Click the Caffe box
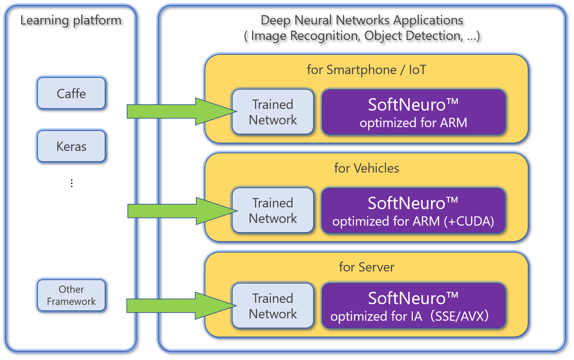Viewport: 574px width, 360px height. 71,93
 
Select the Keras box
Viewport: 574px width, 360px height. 71,146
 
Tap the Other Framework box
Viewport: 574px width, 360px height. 71,295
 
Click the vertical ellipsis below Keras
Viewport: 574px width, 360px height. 72,183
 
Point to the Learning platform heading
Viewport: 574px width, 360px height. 71,21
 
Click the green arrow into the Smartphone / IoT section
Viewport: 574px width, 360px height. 182,112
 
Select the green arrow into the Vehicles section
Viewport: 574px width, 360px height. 183,211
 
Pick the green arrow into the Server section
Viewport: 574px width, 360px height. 182,306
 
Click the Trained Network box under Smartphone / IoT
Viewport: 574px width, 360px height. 273,112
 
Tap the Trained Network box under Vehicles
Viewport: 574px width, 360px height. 273,210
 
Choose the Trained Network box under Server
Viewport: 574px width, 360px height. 273,306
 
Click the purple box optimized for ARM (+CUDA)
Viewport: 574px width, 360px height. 413,210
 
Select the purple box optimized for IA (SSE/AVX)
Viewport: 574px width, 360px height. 413,306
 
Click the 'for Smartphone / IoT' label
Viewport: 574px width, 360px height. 367,70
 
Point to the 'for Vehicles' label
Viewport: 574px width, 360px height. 367,168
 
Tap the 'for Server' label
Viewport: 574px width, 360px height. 367,267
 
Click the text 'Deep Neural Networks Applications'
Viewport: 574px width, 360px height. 362,21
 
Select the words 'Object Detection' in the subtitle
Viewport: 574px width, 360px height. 412,36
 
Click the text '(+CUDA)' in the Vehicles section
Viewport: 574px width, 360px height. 469,222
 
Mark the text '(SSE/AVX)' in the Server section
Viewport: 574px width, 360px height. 460,316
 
